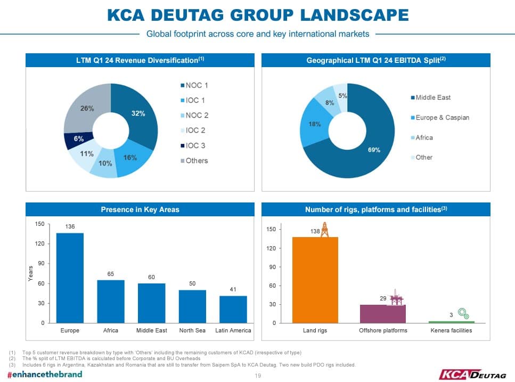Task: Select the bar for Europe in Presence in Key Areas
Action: [x=70, y=278]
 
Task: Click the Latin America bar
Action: [x=233, y=310]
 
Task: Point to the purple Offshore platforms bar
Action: [x=382, y=313]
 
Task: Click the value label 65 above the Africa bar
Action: [x=111, y=274]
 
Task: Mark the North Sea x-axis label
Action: [x=192, y=331]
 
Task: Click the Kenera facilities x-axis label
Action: [x=451, y=331]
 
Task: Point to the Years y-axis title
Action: [x=30, y=273]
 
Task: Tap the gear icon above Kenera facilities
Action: [x=463, y=314]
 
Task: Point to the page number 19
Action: [x=258, y=376]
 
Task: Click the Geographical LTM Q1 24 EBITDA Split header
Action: [x=375, y=61]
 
